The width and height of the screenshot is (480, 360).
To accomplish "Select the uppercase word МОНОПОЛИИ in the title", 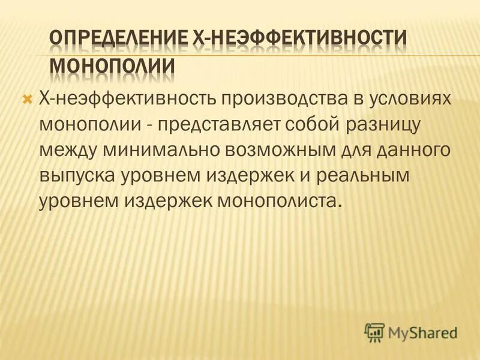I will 112,67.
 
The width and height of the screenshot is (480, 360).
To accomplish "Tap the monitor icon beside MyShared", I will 374,331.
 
